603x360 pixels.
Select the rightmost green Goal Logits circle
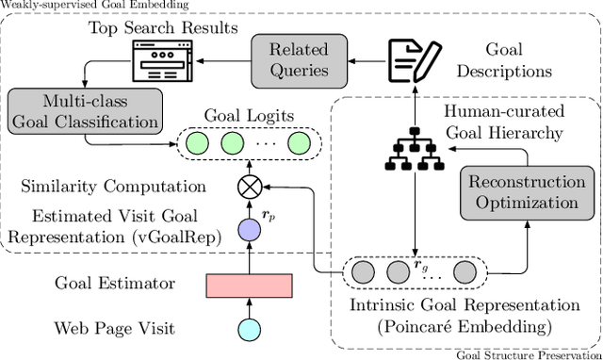point(300,144)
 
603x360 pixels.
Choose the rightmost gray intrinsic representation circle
point(464,272)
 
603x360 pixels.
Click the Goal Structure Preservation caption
point(528,354)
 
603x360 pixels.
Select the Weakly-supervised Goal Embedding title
point(82,6)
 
